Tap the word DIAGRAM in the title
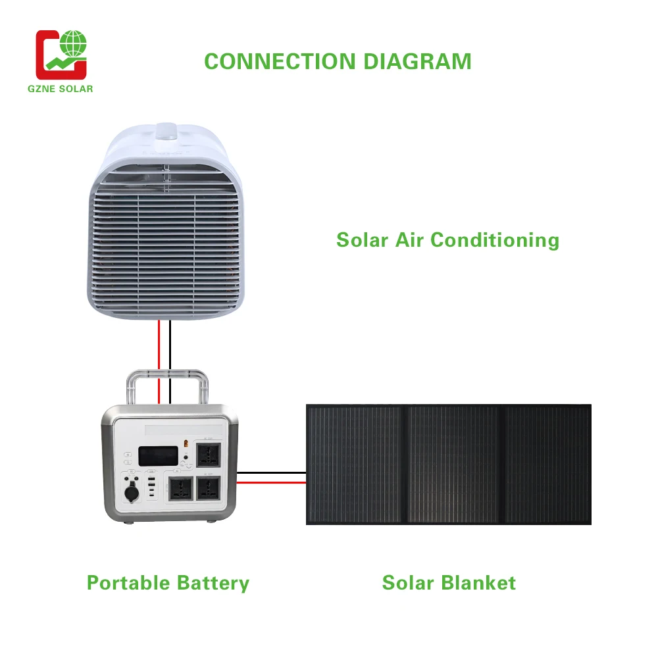418,61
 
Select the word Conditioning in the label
495,240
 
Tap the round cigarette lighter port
128,491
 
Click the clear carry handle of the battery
169,375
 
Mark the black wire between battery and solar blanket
271,472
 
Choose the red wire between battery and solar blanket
271,482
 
